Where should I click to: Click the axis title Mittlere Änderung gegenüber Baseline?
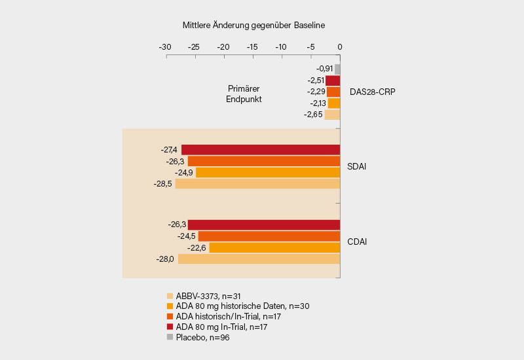click(x=253, y=26)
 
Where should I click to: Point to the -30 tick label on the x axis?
click(x=165, y=47)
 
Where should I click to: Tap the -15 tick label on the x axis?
click(x=252, y=47)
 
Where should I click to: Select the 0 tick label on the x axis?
click(x=339, y=47)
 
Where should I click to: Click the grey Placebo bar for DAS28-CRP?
click(x=337, y=69)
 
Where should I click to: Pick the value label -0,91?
click(x=324, y=69)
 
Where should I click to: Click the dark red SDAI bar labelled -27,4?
click(x=261, y=150)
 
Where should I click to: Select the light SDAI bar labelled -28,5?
click(x=257, y=184)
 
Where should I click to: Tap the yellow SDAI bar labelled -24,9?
click(x=268, y=173)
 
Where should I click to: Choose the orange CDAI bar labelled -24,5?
click(x=269, y=236)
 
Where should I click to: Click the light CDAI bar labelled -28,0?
click(x=259, y=259)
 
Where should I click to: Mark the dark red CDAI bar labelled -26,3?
click(x=264, y=225)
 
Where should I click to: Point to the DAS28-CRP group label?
click(x=372, y=92)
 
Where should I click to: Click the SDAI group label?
click(x=356, y=166)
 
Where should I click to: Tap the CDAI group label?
click(x=356, y=242)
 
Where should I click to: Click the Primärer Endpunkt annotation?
click(x=244, y=94)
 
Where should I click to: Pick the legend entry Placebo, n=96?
click(x=202, y=338)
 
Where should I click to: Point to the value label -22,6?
click(x=196, y=248)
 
